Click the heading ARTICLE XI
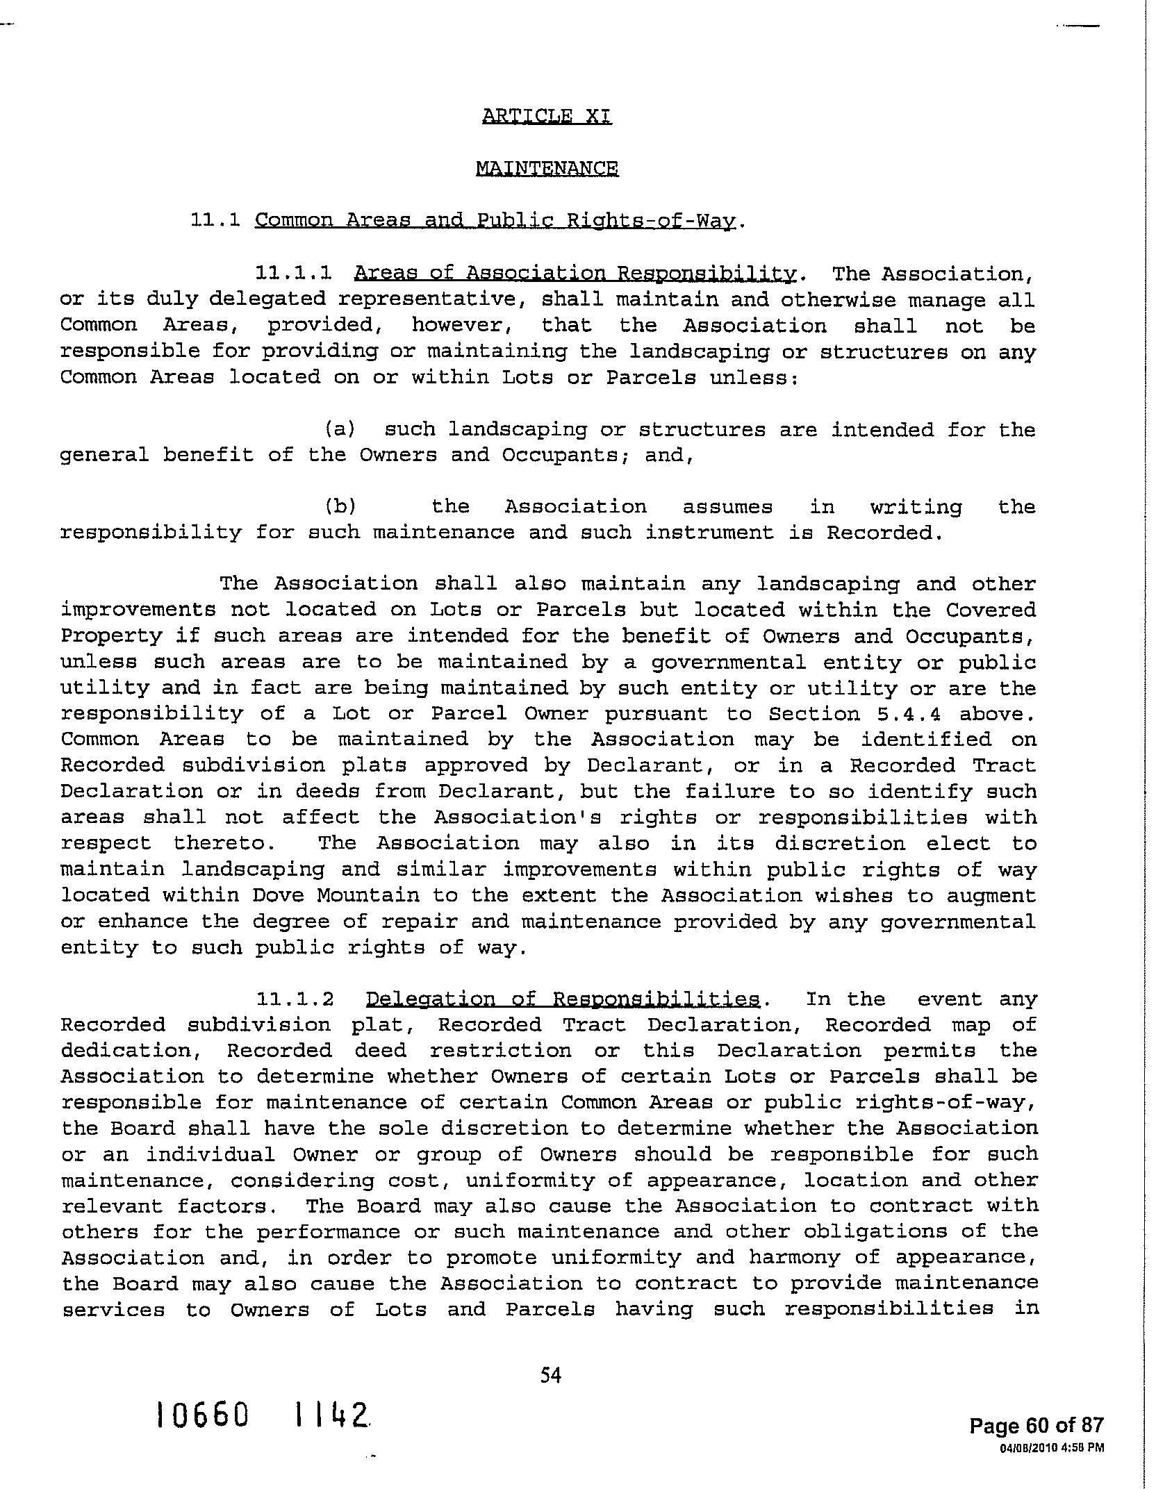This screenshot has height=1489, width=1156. (x=547, y=116)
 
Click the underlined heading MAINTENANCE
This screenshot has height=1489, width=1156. (x=547, y=169)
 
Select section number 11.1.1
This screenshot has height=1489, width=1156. (x=293, y=274)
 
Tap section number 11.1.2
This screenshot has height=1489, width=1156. (x=295, y=999)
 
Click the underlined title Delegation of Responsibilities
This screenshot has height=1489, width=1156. (x=563, y=999)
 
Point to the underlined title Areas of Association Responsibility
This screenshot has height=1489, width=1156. (x=575, y=274)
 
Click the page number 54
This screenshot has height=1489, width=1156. (x=550, y=1374)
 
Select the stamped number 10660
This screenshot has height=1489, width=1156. (x=202, y=1414)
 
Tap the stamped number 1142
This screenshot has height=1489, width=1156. (x=331, y=1414)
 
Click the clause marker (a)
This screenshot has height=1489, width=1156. (x=340, y=430)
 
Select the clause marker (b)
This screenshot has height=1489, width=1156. (x=340, y=507)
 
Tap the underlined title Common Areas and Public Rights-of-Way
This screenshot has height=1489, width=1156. (x=495, y=221)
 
